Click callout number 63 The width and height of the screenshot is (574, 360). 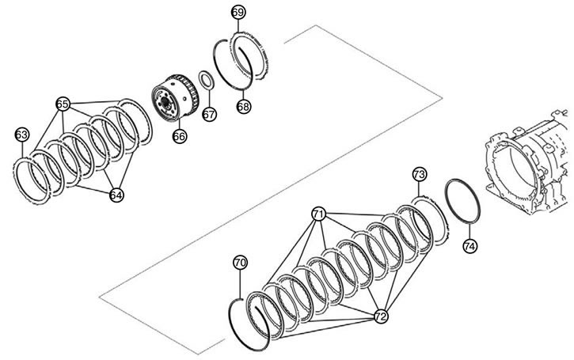[x=21, y=135]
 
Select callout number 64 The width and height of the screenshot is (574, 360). [x=116, y=195]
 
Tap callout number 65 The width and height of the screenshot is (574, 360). [x=63, y=104]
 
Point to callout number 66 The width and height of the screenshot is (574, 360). [x=180, y=136]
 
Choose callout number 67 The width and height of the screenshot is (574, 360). [x=209, y=115]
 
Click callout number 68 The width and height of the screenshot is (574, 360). [x=243, y=107]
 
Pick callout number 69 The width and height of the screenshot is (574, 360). [x=238, y=13]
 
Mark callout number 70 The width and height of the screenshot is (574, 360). [x=240, y=263]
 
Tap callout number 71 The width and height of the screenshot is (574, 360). [x=319, y=214]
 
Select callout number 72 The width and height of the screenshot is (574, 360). [x=381, y=316]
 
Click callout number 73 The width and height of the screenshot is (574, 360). [x=420, y=174]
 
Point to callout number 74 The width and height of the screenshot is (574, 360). [x=470, y=246]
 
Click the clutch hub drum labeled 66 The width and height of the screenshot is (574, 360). [x=175, y=97]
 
